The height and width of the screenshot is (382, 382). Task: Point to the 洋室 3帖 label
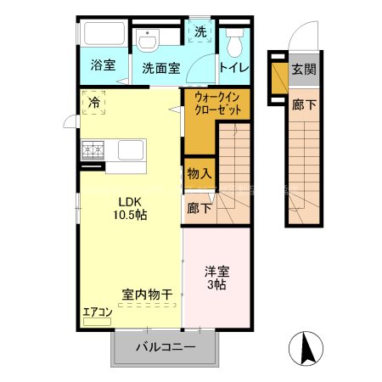click(x=216, y=278)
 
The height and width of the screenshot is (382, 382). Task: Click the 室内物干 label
click(x=146, y=295)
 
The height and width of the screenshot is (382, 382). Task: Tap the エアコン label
click(x=97, y=312)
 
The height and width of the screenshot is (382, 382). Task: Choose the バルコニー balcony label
click(x=166, y=347)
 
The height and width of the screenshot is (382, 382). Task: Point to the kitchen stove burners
click(x=93, y=151)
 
